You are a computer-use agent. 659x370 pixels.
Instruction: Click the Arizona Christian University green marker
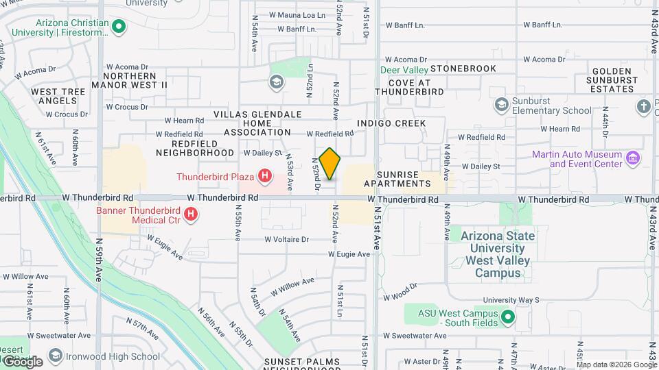pos(119,27)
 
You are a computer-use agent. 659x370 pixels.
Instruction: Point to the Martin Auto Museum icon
pos(633,159)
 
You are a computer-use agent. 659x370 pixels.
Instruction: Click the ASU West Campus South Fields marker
pos(508,317)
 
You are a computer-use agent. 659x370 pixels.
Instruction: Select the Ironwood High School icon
pos(54,356)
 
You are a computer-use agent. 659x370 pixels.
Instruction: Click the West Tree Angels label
pos(58,96)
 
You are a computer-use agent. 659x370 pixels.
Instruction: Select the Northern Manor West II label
pos(136,80)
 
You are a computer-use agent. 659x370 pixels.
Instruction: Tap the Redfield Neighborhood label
pos(195,147)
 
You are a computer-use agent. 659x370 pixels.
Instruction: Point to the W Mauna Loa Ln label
pos(297,14)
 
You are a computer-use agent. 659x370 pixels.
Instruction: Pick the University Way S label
pos(511,300)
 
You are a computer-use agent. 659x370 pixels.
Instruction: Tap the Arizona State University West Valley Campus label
pos(498,254)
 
